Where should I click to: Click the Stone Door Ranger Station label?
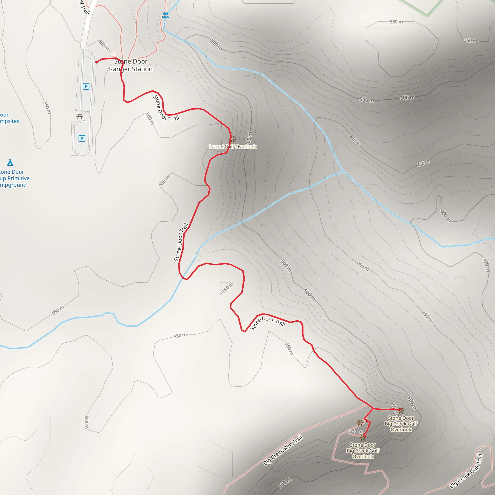click(x=131, y=65)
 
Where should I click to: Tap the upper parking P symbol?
click(x=86, y=86)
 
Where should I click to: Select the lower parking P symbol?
click(x=82, y=138)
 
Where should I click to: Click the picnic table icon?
click(x=80, y=116)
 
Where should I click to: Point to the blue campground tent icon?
click(x=10, y=162)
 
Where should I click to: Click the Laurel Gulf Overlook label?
click(x=233, y=147)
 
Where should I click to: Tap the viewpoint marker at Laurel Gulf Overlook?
click(x=232, y=139)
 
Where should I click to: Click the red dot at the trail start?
click(x=97, y=62)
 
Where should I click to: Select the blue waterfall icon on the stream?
click(x=166, y=15)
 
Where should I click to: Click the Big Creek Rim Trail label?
click(x=283, y=450)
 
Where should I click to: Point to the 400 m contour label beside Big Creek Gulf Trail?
click(x=486, y=265)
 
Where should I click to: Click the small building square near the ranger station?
click(x=113, y=54)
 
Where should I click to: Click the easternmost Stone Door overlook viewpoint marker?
click(x=401, y=411)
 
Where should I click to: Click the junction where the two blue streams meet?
click(x=343, y=171)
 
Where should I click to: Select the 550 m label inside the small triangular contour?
click(x=227, y=288)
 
